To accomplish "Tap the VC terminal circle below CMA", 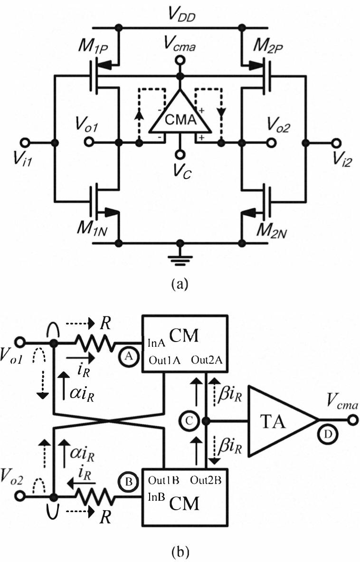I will pos(180,155).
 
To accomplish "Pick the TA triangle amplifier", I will pos(275,420).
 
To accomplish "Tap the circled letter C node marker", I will pos(187,420).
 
